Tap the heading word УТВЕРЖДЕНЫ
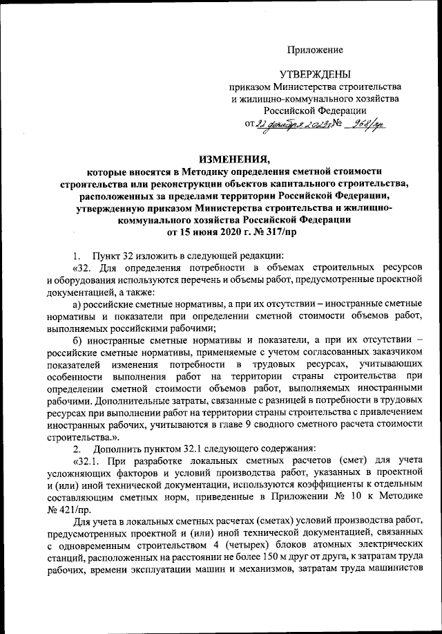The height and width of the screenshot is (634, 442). (x=316, y=75)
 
